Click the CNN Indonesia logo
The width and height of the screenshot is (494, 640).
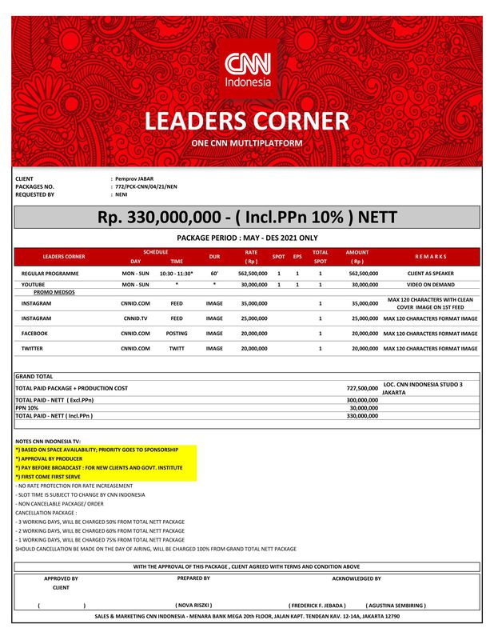pyautogui.click(x=247, y=70)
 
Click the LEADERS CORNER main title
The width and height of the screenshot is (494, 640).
pyautogui.click(x=247, y=122)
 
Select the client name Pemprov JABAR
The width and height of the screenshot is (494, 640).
pyautogui.click(x=134, y=178)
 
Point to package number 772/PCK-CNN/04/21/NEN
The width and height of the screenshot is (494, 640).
pyautogui.click(x=146, y=186)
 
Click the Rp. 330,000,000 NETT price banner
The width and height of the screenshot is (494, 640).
pyautogui.click(x=247, y=218)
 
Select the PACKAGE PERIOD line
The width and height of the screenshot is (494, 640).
pyautogui.click(x=247, y=238)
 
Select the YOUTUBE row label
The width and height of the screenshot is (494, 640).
pyautogui.click(x=33, y=284)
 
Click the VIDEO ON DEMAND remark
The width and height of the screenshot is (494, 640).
pyautogui.click(x=430, y=284)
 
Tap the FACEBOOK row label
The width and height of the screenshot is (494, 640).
pyautogui.click(x=34, y=333)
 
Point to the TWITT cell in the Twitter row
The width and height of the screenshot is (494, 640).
pyautogui.click(x=177, y=349)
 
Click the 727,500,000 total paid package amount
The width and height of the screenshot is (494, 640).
pyautogui.click(x=362, y=388)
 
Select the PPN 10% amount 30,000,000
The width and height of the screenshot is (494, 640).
pyautogui.click(x=362, y=407)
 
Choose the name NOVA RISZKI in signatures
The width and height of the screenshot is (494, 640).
pyautogui.click(x=193, y=606)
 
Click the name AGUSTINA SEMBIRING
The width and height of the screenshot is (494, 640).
pyautogui.click(x=396, y=606)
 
